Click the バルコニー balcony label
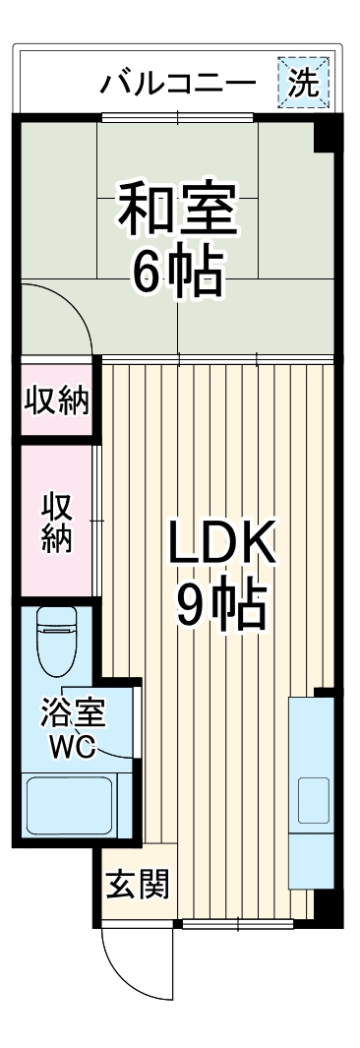178,83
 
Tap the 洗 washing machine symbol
303,81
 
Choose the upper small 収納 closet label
56,401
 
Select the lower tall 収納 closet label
56,523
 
